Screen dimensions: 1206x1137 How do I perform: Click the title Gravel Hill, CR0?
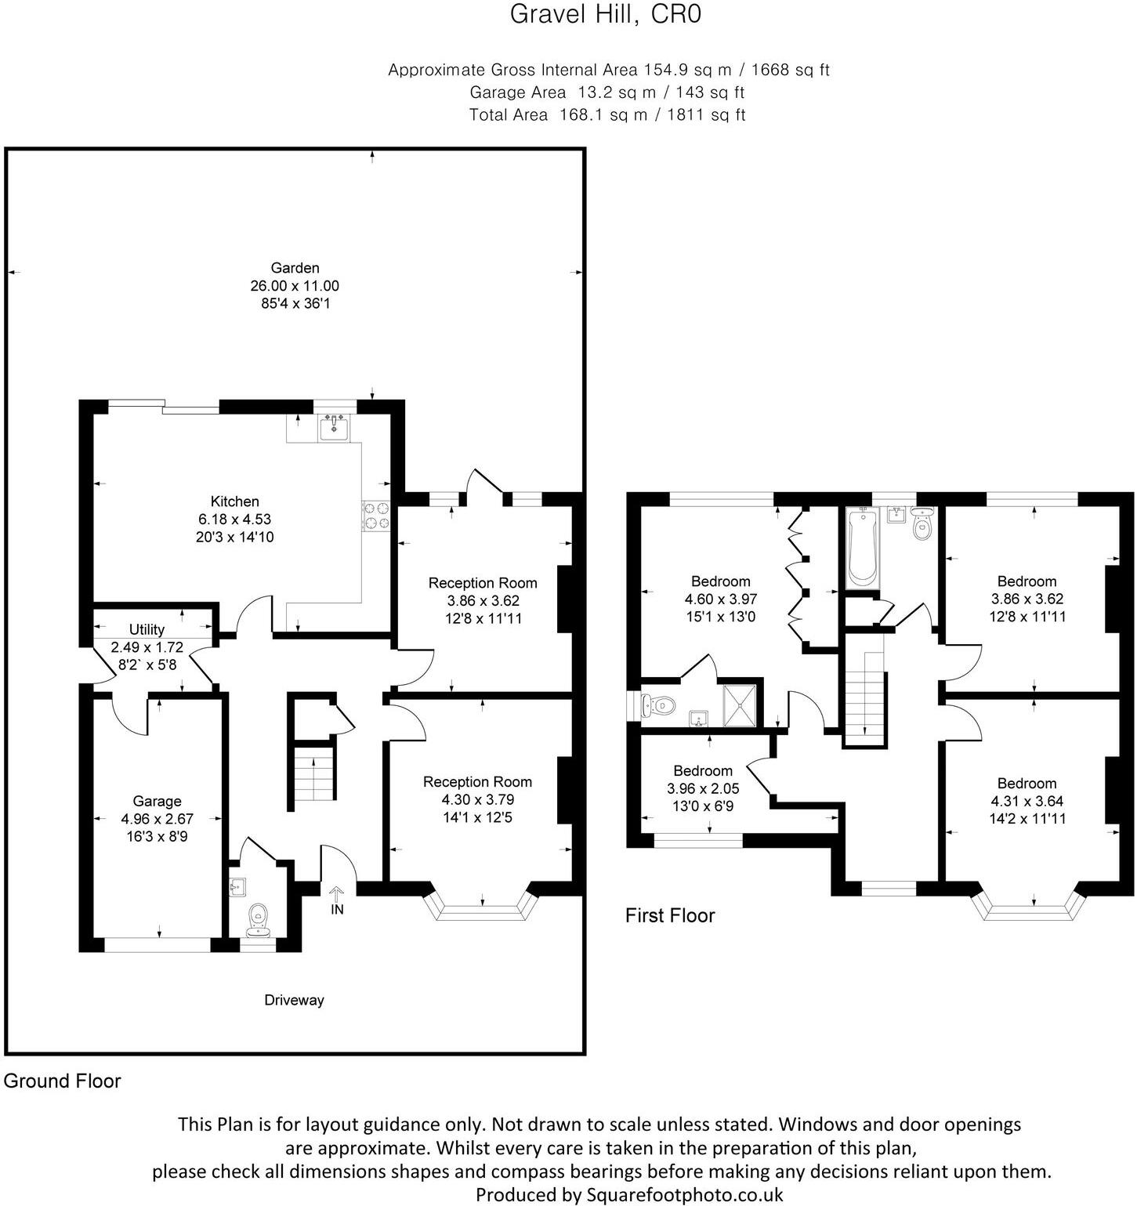point(605,15)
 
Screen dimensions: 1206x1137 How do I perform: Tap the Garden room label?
point(295,268)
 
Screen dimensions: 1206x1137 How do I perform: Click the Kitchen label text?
point(234,502)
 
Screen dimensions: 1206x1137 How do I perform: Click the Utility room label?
point(147,629)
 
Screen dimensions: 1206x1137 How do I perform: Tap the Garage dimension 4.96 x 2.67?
point(157,819)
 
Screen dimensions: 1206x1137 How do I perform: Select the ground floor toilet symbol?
point(257,919)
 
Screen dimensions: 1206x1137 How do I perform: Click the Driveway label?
point(294,1000)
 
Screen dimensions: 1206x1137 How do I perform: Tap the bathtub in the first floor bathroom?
point(862,547)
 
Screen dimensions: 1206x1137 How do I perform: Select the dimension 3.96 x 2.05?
point(703,788)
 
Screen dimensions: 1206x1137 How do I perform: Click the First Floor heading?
point(670,915)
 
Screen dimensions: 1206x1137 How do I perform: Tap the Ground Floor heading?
point(63,1081)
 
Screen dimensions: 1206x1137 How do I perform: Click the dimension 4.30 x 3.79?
point(477,799)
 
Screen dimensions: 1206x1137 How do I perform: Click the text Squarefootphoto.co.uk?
point(685,1195)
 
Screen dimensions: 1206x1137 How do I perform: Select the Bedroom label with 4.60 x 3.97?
point(720,581)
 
